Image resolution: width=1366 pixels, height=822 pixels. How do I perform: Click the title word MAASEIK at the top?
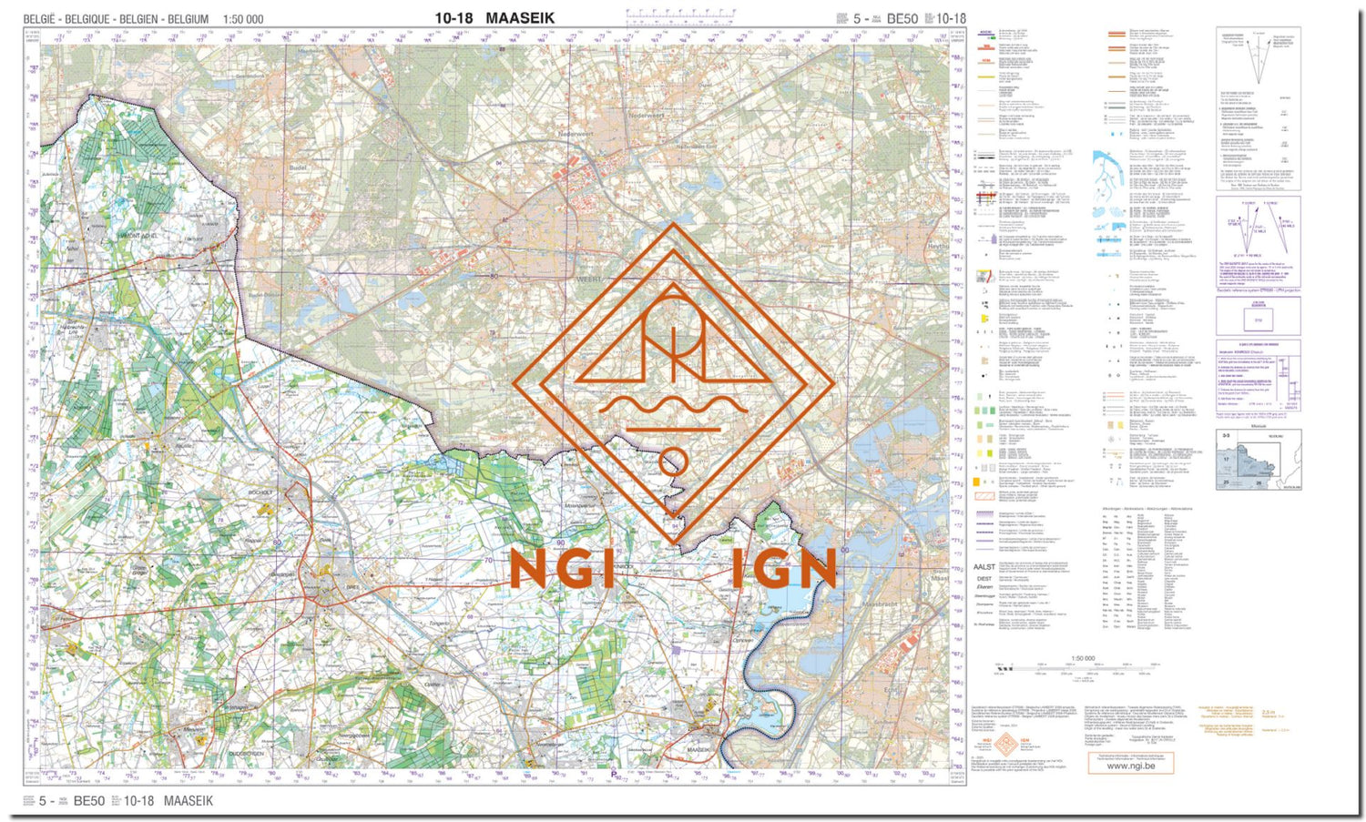[520, 18]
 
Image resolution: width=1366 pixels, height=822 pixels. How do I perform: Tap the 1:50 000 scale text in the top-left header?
[243, 19]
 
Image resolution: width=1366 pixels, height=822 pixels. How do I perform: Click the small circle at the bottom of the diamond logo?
[674, 461]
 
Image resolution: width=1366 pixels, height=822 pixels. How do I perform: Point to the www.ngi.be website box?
[1130, 766]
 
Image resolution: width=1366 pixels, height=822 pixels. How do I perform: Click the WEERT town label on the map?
[589, 279]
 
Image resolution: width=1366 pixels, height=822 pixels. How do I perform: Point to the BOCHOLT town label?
[261, 492]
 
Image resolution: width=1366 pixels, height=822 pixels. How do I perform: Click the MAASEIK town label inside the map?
[698, 749]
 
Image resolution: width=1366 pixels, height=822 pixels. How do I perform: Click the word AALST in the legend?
[984, 567]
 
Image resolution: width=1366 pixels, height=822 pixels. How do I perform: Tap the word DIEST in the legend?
[984, 579]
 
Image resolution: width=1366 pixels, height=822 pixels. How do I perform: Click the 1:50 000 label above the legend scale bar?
[1083, 658]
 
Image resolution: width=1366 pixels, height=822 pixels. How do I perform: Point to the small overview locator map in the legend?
[1259, 460]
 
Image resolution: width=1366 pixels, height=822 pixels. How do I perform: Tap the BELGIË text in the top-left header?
[40, 19]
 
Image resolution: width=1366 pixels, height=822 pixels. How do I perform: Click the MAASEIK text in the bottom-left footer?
[189, 801]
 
